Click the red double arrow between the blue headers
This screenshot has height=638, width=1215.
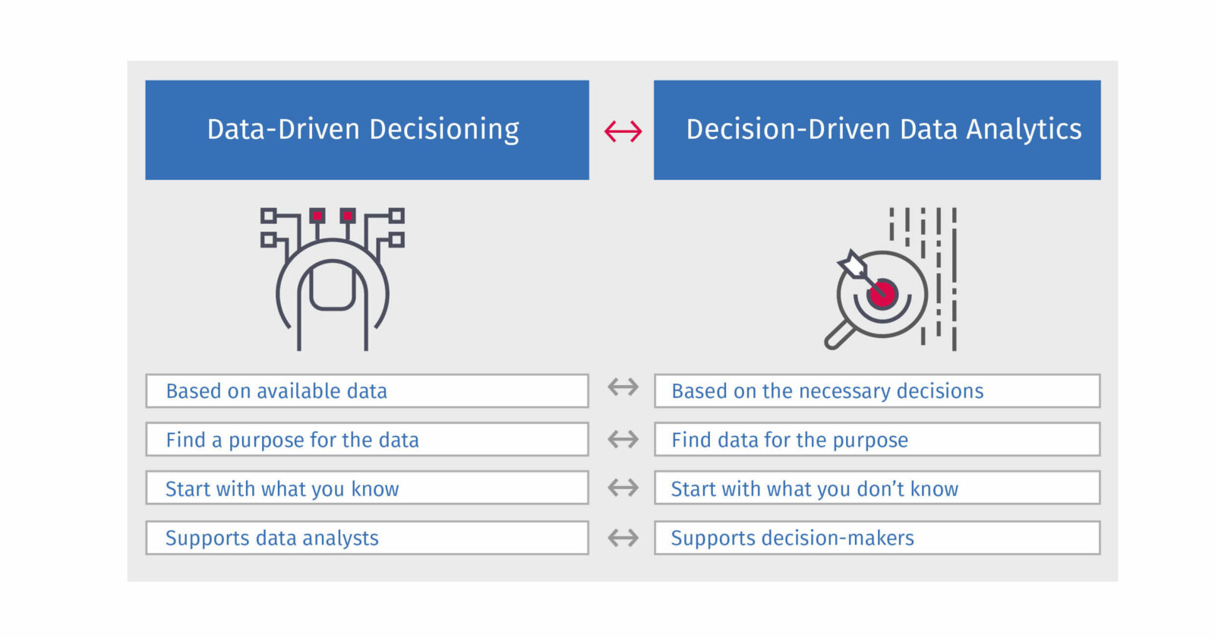tap(623, 131)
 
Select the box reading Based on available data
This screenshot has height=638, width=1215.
tap(367, 391)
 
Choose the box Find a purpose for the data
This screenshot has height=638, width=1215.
tap(367, 440)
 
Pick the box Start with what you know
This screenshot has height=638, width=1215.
tap(367, 488)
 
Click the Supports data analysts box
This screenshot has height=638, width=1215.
tap(367, 538)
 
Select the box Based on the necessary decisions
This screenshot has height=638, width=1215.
tap(877, 391)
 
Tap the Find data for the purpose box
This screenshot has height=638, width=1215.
tap(877, 440)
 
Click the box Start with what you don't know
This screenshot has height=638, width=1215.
tap(877, 488)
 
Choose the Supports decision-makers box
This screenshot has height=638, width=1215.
tap(877, 538)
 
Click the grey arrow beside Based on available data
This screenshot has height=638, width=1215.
tap(623, 387)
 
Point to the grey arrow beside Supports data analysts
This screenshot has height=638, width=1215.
tap(623, 538)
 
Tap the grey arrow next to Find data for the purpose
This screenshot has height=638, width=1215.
tap(623, 439)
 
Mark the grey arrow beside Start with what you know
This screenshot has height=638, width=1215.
tap(623, 488)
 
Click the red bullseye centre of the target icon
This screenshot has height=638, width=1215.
tap(882, 293)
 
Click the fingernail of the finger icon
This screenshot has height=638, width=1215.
tap(332, 286)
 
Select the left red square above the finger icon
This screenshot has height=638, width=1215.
tap(317, 216)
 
